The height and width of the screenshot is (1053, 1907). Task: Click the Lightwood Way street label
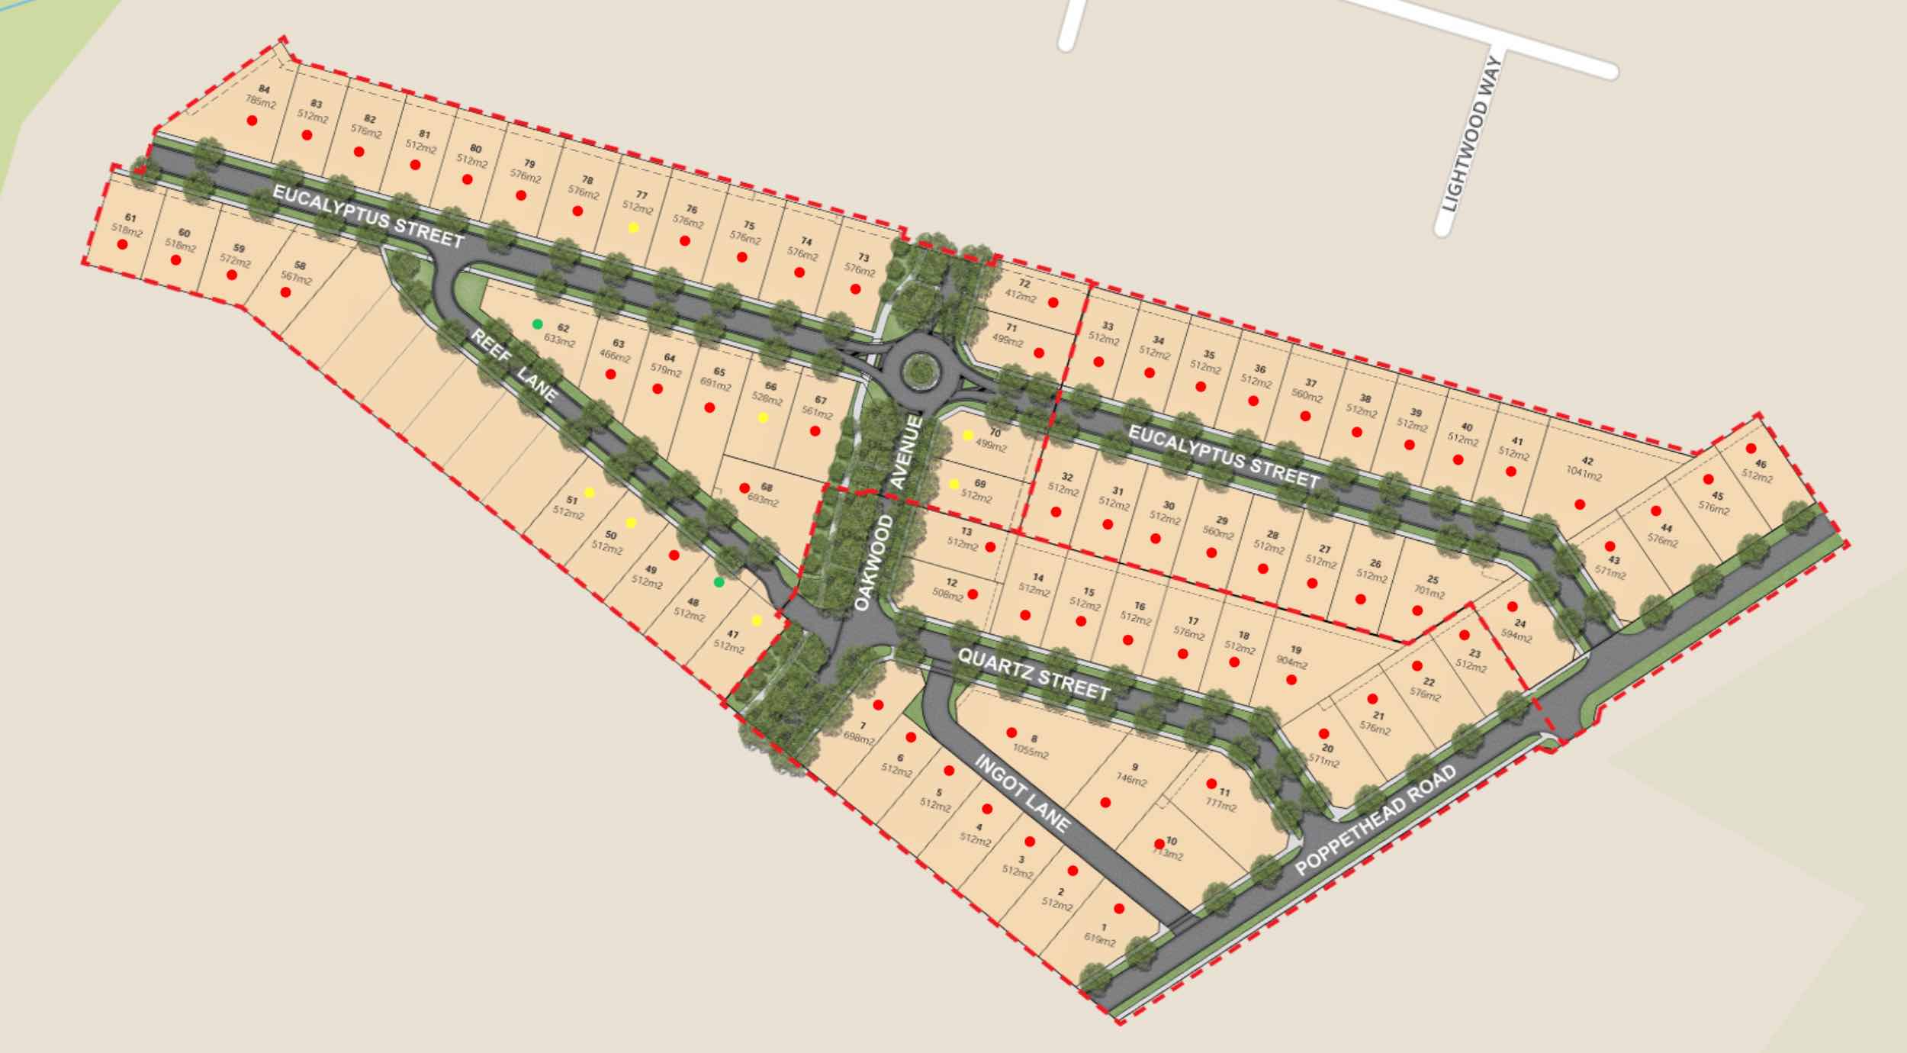pos(1471,136)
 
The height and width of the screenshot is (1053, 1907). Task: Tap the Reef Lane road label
pos(514,365)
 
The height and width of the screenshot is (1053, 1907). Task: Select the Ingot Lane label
pos(1022,793)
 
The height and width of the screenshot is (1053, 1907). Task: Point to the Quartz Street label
pos(1034,675)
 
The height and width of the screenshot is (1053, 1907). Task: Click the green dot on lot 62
pos(537,324)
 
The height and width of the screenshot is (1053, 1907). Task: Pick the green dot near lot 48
pos(719,583)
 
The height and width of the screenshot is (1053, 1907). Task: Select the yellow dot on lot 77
pos(633,227)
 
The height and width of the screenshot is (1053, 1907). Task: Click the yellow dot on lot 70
pos(968,435)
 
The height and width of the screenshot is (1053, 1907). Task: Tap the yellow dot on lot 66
pos(763,417)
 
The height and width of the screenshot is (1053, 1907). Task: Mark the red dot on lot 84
pos(252,121)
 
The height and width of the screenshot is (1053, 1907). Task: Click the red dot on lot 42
pos(1580,504)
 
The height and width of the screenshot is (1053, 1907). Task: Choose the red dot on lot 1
pos(1119,909)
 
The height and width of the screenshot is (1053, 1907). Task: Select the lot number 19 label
pos(1296,650)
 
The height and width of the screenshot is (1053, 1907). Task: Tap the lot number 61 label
pos(130,217)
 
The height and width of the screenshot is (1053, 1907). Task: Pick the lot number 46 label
pos(1761,464)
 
